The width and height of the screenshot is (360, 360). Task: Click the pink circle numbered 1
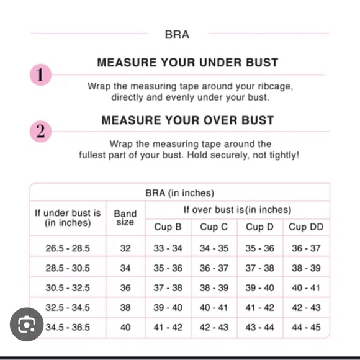point(39,75)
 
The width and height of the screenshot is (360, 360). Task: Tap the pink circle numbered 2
point(39,132)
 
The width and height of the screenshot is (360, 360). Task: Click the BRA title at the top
point(177,35)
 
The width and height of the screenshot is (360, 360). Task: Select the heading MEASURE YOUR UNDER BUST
point(187,63)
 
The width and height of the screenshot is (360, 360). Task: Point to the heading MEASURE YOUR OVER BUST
point(187,120)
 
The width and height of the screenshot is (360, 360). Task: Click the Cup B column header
point(168,227)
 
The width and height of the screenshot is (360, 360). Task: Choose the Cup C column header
point(214,227)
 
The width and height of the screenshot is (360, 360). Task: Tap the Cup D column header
point(259,227)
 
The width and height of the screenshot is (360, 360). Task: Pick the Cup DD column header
point(306,227)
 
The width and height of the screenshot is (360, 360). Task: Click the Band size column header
point(125,218)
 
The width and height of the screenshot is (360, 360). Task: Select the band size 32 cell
point(125,248)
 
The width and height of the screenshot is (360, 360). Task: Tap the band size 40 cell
point(125,327)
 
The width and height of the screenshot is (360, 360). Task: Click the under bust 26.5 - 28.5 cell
point(68,248)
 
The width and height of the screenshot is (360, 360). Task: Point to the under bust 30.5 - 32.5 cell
point(68,288)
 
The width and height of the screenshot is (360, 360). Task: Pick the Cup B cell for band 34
point(168,268)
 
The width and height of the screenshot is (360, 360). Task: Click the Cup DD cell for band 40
point(306,327)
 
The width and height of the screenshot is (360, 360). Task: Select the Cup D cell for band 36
point(259,288)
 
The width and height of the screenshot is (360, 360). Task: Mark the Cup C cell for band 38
point(214,308)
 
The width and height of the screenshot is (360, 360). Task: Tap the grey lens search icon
point(27,324)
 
